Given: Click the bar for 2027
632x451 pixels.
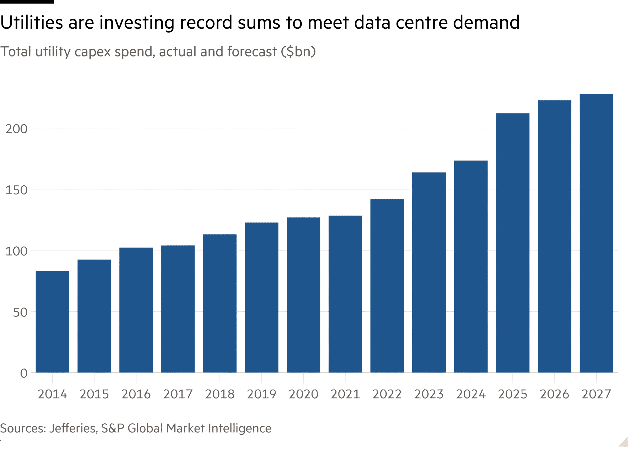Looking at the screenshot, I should pos(596,233).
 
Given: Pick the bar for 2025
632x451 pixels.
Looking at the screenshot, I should pos(513,243).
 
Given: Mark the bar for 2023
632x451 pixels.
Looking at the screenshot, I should pos(429,272).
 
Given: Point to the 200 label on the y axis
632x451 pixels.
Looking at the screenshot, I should pos(16,129).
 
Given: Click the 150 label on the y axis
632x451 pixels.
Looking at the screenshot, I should pos(16,190).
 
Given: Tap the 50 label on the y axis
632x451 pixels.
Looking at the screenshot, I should pos(20,312).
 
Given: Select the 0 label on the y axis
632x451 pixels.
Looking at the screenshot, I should pos(24,373).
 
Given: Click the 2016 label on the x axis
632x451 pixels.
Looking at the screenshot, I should pos(136,394).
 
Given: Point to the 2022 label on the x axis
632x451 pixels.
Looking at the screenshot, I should pos(387,394).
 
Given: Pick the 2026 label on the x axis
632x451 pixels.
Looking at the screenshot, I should pos(554,394).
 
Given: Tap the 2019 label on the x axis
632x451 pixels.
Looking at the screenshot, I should pos(261,394).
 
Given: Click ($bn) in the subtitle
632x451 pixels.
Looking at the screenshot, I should pos(298,52).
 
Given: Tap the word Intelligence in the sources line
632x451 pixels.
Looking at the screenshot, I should pos(240,428).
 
